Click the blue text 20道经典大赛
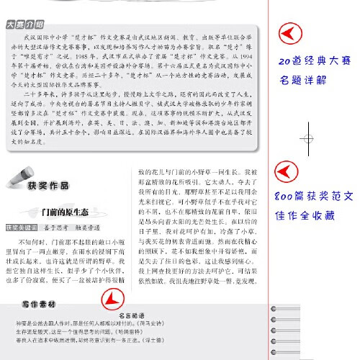[307, 62]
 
